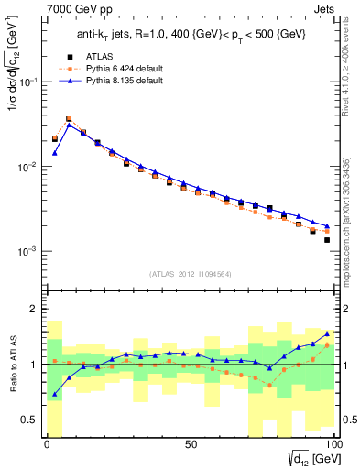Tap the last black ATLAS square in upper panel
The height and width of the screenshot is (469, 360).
click(x=326, y=240)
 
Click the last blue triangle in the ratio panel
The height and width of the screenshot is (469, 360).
click(x=326, y=334)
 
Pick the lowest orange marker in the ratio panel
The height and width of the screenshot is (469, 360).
click(x=269, y=385)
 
